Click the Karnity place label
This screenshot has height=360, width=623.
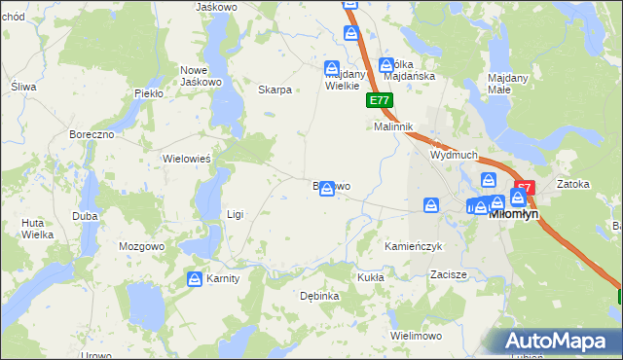223,279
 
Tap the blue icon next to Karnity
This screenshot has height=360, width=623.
194,279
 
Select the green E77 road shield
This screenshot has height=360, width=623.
380,100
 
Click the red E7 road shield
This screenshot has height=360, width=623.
525,187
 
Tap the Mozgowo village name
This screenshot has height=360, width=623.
143,247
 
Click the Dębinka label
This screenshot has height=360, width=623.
319,295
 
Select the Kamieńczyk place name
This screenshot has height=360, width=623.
414,247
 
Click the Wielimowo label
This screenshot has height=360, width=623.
416,335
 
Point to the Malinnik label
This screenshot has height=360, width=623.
395,127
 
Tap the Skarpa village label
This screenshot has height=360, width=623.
275,90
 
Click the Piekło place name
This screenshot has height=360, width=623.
148,93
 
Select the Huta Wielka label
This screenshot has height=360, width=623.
37,228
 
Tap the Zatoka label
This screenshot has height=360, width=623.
573,183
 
